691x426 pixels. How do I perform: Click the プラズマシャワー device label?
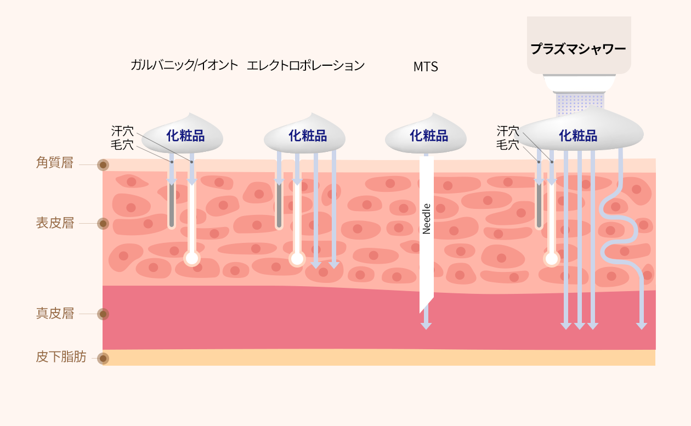[x=578, y=49]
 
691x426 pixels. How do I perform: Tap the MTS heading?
[x=426, y=67]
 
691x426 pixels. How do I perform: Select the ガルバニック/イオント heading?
[x=184, y=65]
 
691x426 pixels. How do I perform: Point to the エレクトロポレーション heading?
[x=305, y=65]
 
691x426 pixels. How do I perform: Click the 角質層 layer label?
[x=55, y=163]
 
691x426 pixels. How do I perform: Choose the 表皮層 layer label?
[x=55, y=223]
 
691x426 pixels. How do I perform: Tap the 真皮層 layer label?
[x=55, y=314]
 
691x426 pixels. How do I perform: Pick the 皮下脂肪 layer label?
[x=61, y=356]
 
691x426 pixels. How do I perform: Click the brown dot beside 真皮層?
[x=103, y=314]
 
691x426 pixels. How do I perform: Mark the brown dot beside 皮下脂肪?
[x=103, y=359]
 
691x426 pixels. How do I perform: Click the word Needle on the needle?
[x=426, y=219]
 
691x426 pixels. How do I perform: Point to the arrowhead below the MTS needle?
[x=426, y=326]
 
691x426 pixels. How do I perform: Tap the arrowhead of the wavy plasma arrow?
[x=642, y=326]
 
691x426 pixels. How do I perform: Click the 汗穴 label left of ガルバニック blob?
[x=122, y=131]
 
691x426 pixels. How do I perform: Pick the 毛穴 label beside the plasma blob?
[x=508, y=144]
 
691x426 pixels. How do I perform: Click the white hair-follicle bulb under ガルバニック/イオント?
[x=192, y=258]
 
